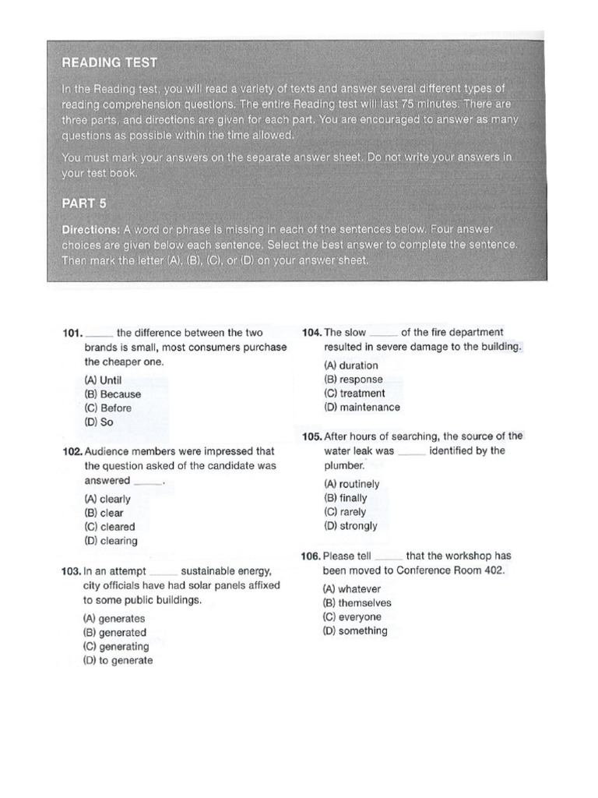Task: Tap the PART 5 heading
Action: (84, 203)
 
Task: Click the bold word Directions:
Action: (90, 231)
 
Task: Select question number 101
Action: (72, 334)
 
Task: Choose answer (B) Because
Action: (113, 394)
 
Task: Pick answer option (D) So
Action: (99, 422)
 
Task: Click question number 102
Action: (72, 451)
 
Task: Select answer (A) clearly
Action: (107, 499)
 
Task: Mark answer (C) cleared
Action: (110, 527)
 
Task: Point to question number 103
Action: (72, 572)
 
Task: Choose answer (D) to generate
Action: (118, 661)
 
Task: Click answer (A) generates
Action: (114, 619)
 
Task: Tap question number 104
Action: (311, 333)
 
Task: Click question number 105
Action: (311, 436)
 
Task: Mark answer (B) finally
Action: (346, 498)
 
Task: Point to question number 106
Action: (311, 556)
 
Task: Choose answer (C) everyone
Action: (353, 617)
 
